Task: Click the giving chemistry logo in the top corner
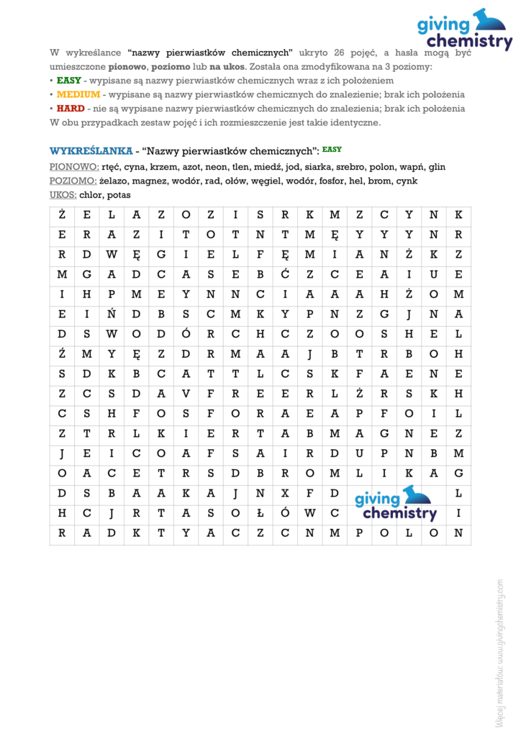coord(464,30)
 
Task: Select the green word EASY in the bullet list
coord(69,81)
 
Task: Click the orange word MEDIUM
coord(78,94)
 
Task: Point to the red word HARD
coord(71,109)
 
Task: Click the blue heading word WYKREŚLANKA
coord(91,151)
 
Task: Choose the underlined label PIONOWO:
coord(74,167)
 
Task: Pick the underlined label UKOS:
coord(63,194)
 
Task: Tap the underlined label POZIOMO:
coord(73,181)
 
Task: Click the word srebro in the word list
coord(351,167)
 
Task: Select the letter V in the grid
coord(186,393)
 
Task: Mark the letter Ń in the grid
coord(112,313)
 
